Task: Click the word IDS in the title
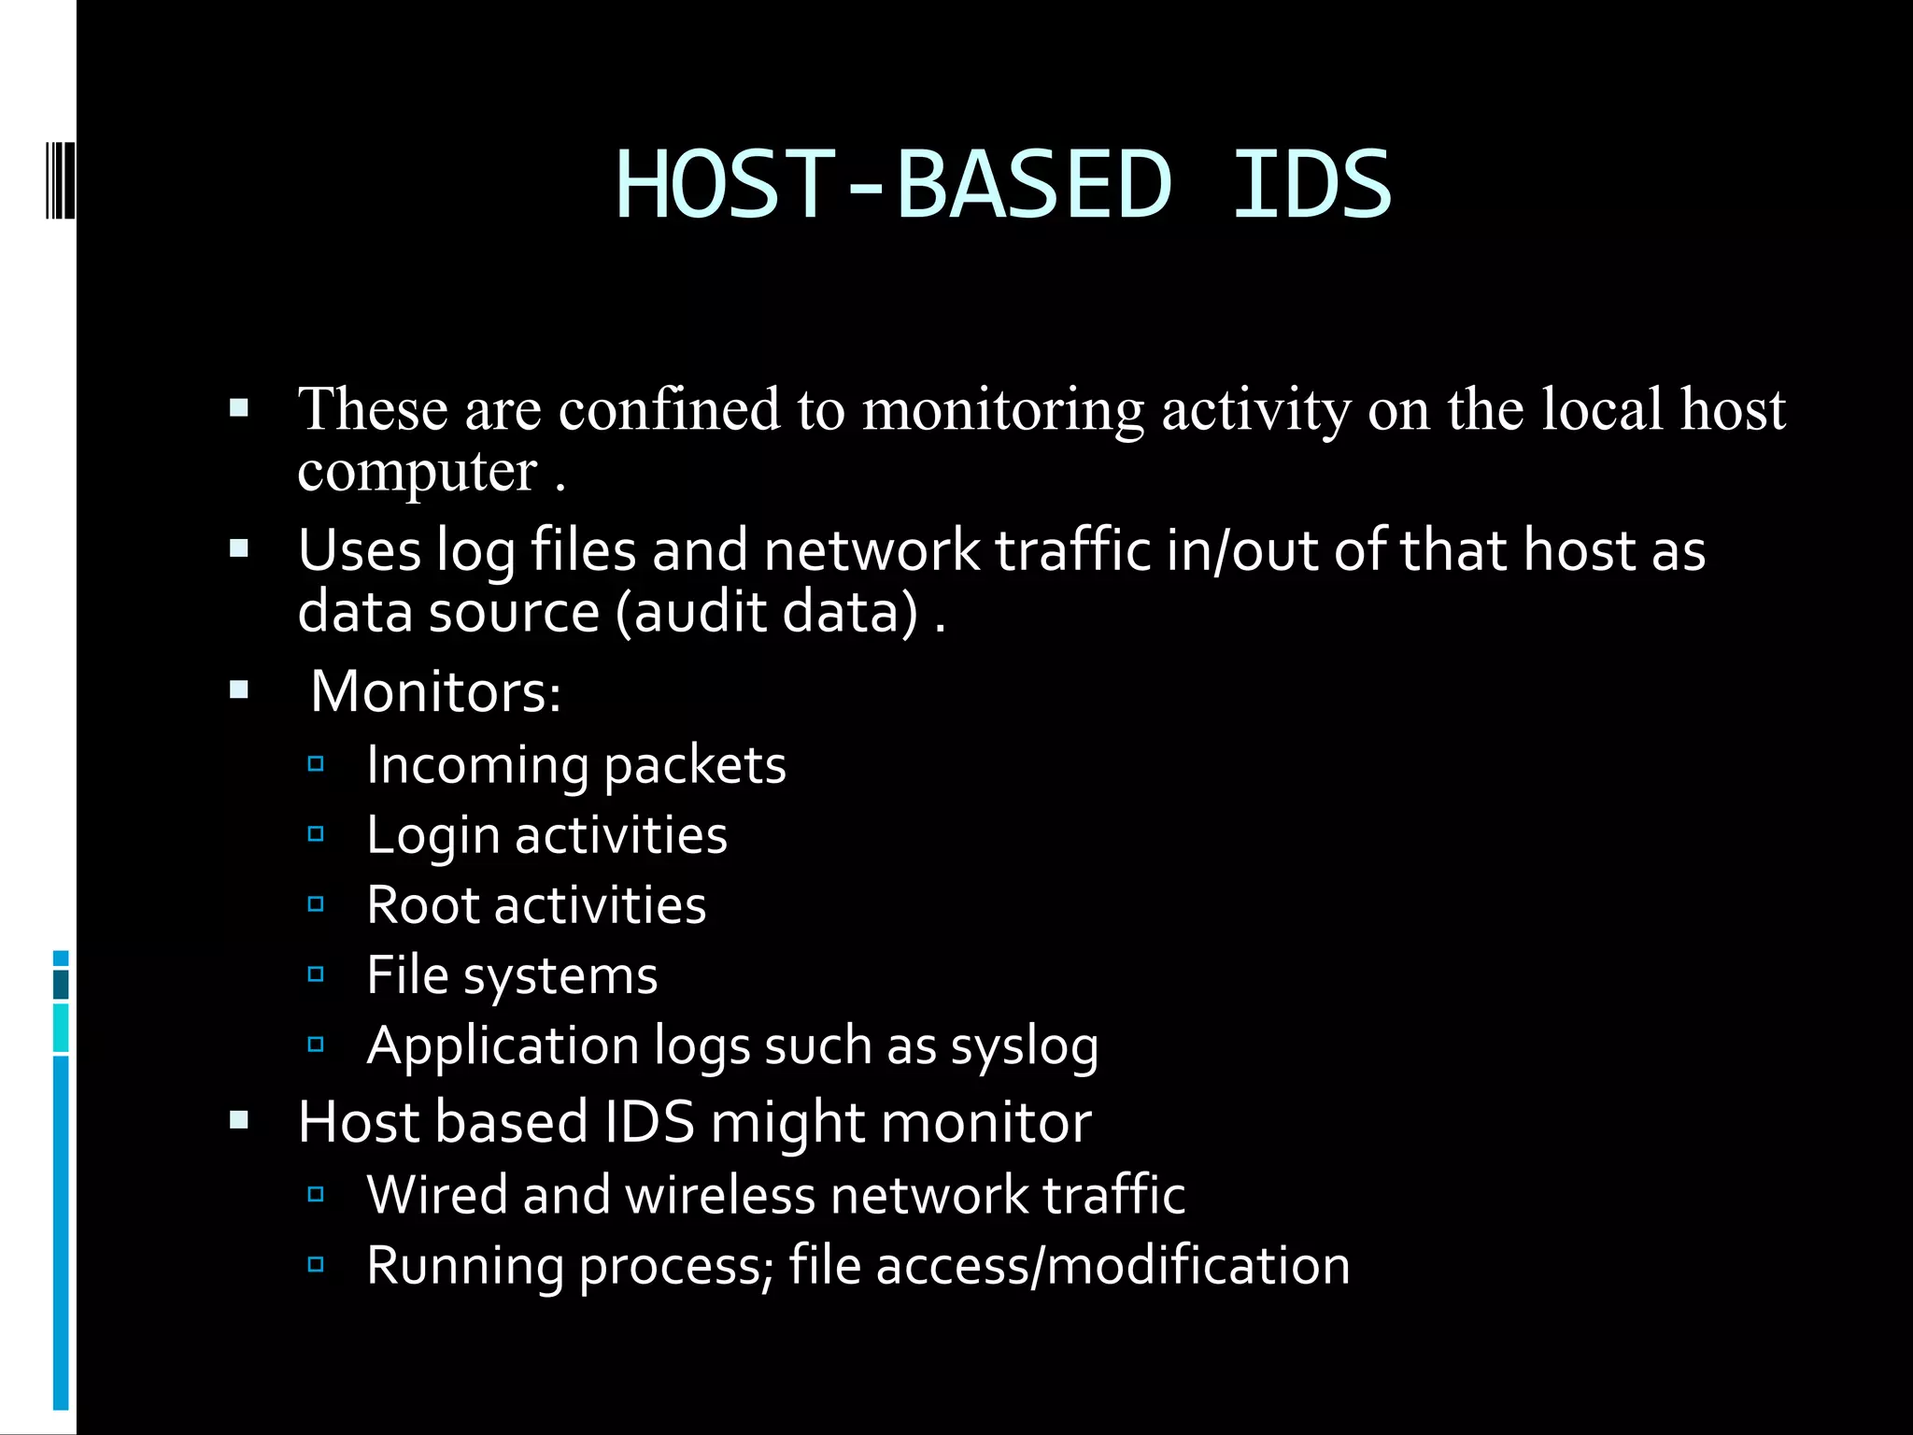pyautogui.click(x=1311, y=185)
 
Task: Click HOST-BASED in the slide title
pyautogui.click(x=893, y=185)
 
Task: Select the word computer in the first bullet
pyautogui.click(x=418, y=471)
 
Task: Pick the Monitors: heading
pyautogui.click(x=435, y=691)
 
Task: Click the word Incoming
pyautogui.click(x=476, y=765)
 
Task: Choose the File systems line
pyautogui.click(x=512, y=975)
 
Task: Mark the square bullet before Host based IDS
pyautogui.click(x=239, y=1119)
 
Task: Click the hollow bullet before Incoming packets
pyautogui.click(x=316, y=764)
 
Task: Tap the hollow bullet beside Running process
pyautogui.click(x=316, y=1264)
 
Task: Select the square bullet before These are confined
pyautogui.click(x=239, y=407)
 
